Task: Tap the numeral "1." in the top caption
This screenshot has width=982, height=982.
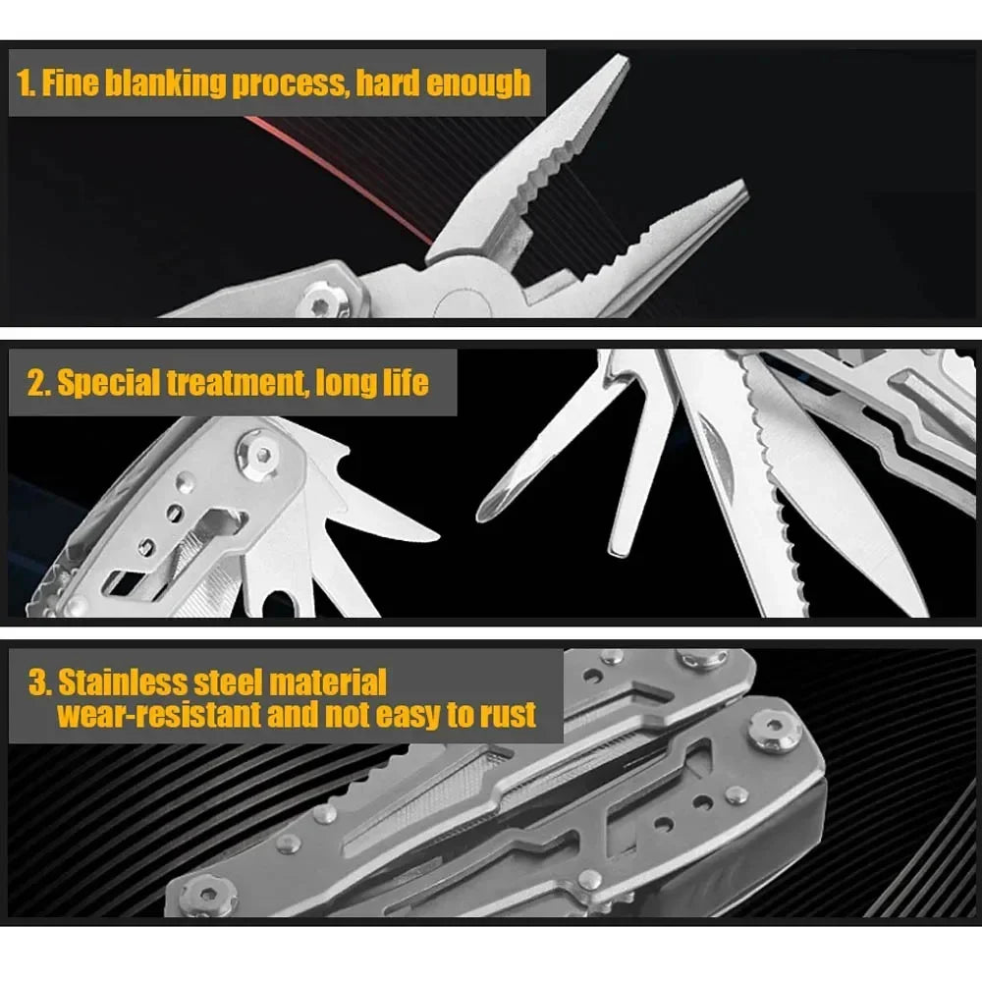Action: [27, 83]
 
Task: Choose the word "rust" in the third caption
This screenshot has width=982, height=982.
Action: [506, 714]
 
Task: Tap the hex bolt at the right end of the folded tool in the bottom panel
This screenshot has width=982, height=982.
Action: [776, 732]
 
